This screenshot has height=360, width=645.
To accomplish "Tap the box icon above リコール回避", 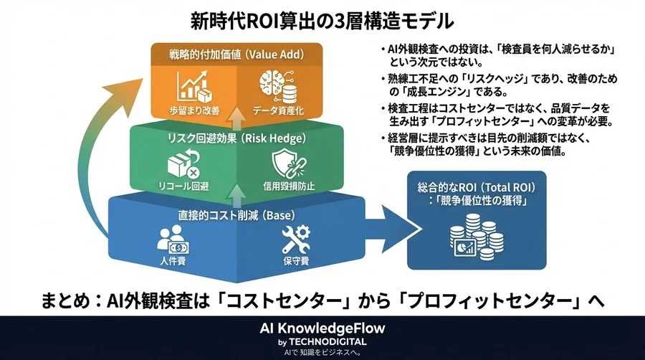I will pos(183,164).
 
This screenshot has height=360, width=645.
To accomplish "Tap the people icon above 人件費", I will pos(172,240).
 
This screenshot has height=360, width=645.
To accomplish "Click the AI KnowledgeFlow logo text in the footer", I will pos(322,329).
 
